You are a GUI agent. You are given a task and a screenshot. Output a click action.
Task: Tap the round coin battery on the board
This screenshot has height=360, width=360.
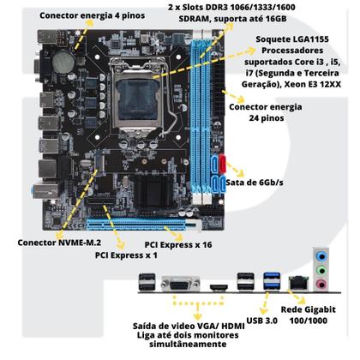click(x=62, y=61)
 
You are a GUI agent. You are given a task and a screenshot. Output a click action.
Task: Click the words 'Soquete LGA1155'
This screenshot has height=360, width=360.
click(x=294, y=41)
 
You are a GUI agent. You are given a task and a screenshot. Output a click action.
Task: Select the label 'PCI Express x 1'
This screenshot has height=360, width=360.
click(x=126, y=255)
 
